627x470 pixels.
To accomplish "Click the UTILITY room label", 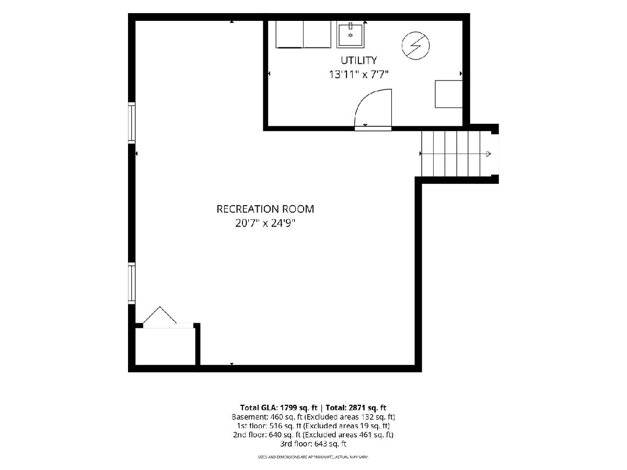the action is tap(359, 60).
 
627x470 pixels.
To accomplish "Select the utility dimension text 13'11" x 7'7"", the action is tap(358, 75).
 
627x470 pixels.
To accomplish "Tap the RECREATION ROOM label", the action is tap(265, 209).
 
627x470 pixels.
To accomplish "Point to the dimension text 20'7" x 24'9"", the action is tap(265, 223).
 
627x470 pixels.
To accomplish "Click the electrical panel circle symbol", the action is tap(415, 45).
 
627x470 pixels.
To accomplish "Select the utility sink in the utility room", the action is tap(351, 35).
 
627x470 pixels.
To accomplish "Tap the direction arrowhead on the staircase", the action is tap(489, 154).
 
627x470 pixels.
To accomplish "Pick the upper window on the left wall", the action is tap(131, 123).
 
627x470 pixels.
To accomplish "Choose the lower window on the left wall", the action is tap(131, 283).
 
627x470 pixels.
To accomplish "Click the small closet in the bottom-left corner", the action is tap(165, 346).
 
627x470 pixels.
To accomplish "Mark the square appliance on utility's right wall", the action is tap(448, 94).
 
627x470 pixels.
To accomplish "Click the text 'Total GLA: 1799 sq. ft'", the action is tap(279, 407).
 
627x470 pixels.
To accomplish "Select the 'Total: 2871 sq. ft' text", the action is tap(356, 407).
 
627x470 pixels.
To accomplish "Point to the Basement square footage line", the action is tap(313, 417).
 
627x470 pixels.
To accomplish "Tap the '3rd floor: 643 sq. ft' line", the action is tap(313, 444).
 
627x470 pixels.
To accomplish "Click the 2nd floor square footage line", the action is tap(313, 435).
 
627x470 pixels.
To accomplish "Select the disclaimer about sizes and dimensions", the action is tap(313, 457).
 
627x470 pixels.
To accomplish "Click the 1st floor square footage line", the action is tap(313, 426).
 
